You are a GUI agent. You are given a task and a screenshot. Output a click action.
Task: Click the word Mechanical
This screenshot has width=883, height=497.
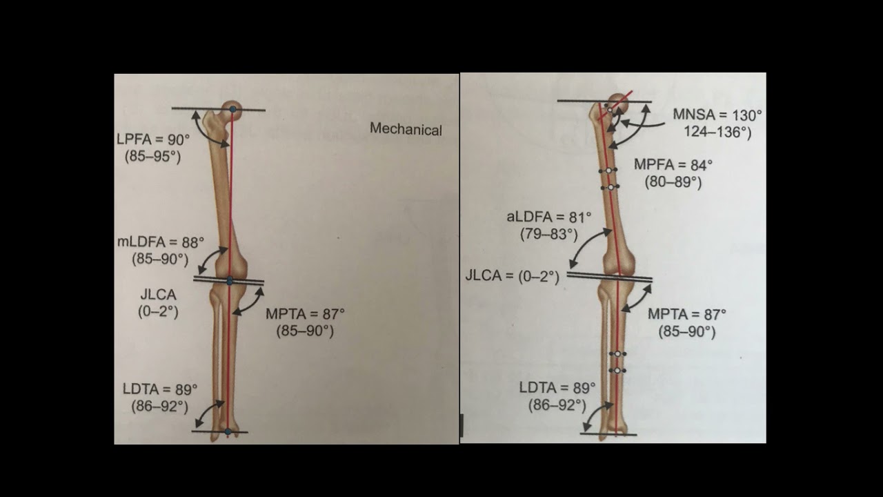[x=406, y=129]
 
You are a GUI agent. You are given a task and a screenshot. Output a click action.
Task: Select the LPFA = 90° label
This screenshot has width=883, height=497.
[x=152, y=139]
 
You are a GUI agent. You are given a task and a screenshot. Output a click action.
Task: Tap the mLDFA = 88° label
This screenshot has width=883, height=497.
[x=161, y=242]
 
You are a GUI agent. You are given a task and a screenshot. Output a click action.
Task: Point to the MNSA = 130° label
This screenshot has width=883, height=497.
[x=717, y=115]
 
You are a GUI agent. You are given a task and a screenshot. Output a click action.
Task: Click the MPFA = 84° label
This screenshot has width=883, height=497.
[x=673, y=165]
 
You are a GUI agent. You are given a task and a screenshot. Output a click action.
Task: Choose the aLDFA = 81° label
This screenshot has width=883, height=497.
[x=548, y=217]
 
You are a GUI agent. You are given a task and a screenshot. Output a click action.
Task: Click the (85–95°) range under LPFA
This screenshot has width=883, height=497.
[x=152, y=157]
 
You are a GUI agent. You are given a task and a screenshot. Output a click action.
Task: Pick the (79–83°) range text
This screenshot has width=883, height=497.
[x=548, y=235]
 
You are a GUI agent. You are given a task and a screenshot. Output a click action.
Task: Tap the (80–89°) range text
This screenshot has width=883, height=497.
[x=673, y=183]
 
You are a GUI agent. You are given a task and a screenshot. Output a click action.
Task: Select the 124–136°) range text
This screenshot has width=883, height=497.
[x=717, y=132]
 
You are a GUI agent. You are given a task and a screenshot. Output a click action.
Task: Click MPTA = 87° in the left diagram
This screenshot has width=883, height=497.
[x=305, y=313]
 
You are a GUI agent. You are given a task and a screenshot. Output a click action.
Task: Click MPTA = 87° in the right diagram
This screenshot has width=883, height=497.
[x=686, y=314]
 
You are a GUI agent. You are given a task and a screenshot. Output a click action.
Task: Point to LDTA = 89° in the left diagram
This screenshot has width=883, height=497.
[x=160, y=389]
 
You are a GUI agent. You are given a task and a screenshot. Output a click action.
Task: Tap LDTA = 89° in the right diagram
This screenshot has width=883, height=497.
[x=557, y=388]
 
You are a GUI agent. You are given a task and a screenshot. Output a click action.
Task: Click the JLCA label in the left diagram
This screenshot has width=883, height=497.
[x=158, y=295]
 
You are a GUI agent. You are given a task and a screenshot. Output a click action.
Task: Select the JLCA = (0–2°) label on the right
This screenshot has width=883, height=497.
[x=512, y=276]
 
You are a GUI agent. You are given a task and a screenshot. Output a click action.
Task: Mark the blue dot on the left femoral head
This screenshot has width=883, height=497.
[x=233, y=109]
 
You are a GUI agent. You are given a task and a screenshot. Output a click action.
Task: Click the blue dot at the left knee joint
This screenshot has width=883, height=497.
[x=230, y=281]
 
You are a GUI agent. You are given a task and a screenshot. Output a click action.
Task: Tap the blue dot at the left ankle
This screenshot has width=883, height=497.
[x=228, y=432]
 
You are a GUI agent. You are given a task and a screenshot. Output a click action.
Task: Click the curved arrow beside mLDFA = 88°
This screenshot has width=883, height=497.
[x=212, y=260]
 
